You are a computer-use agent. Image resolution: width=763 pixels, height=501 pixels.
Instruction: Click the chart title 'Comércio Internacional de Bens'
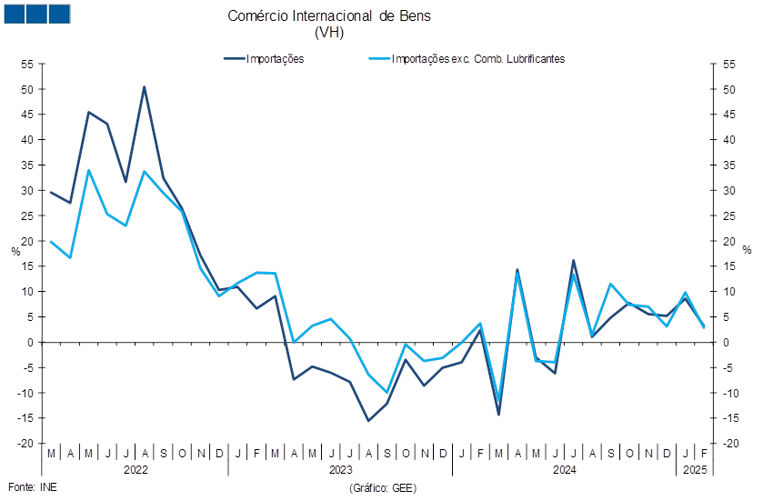coord(329,16)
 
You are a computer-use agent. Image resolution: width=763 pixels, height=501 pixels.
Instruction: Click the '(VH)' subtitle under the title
coord(329,33)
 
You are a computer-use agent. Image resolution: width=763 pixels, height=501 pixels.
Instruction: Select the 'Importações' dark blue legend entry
coord(265,59)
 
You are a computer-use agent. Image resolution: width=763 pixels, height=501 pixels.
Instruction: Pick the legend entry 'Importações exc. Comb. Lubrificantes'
coord(467,59)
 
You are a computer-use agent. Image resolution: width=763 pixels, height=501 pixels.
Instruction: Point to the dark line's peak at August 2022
coord(144,87)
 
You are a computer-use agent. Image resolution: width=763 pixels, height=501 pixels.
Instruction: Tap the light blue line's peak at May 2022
coord(88,170)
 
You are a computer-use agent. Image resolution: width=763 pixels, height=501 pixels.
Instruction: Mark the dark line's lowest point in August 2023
coord(368,421)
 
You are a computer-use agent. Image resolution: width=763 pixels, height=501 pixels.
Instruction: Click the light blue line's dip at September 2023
coord(387,392)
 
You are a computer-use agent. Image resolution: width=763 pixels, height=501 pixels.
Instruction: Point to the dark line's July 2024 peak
coord(573,261)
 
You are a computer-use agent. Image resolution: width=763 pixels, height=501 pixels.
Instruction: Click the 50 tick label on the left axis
coord(27,89)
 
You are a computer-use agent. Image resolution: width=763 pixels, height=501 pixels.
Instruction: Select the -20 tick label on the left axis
coord(25,444)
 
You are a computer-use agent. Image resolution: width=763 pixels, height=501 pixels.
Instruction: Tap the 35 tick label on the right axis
coord(729,165)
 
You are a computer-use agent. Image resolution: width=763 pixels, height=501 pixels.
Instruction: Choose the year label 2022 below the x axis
coord(136,470)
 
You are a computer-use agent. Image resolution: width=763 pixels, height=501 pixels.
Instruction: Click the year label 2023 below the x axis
coord(341,470)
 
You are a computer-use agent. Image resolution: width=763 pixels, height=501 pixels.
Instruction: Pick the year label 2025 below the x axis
coord(695,470)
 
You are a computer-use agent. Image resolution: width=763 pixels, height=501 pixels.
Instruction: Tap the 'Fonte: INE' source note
coord(33,487)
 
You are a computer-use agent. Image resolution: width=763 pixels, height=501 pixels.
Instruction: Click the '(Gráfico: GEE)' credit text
coord(383,488)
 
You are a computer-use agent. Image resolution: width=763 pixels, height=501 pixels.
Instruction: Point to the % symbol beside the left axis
coord(16,252)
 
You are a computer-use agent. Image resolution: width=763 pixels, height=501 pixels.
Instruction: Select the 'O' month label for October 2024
coord(629,454)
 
